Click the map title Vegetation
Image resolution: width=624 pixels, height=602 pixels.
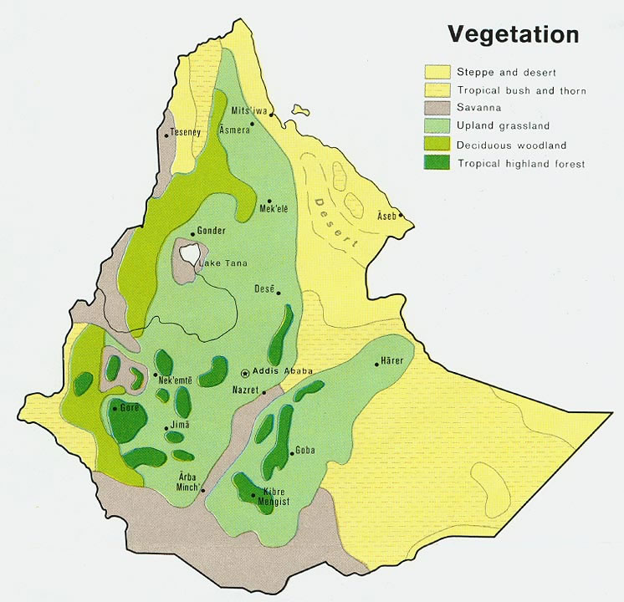[x=513, y=34]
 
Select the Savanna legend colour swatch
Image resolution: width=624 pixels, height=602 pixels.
[x=437, y=108]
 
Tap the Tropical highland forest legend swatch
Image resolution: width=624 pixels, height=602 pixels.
[x=437, y=163]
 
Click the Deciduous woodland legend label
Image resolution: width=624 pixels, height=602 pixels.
[x=512, y=145]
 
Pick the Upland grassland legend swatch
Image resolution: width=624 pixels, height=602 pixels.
[x=437, y=126]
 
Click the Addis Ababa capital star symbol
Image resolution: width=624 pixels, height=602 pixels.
[x=244, y=373]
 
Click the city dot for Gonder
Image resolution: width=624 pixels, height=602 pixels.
[x=193, y=234]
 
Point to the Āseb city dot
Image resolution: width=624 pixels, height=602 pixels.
[x=401, y=216]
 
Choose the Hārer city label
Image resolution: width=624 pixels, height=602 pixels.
[x=392, y=360]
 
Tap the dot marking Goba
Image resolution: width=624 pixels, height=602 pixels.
[x=290, y=452]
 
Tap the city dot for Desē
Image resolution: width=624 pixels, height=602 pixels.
[x=278, y=293]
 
